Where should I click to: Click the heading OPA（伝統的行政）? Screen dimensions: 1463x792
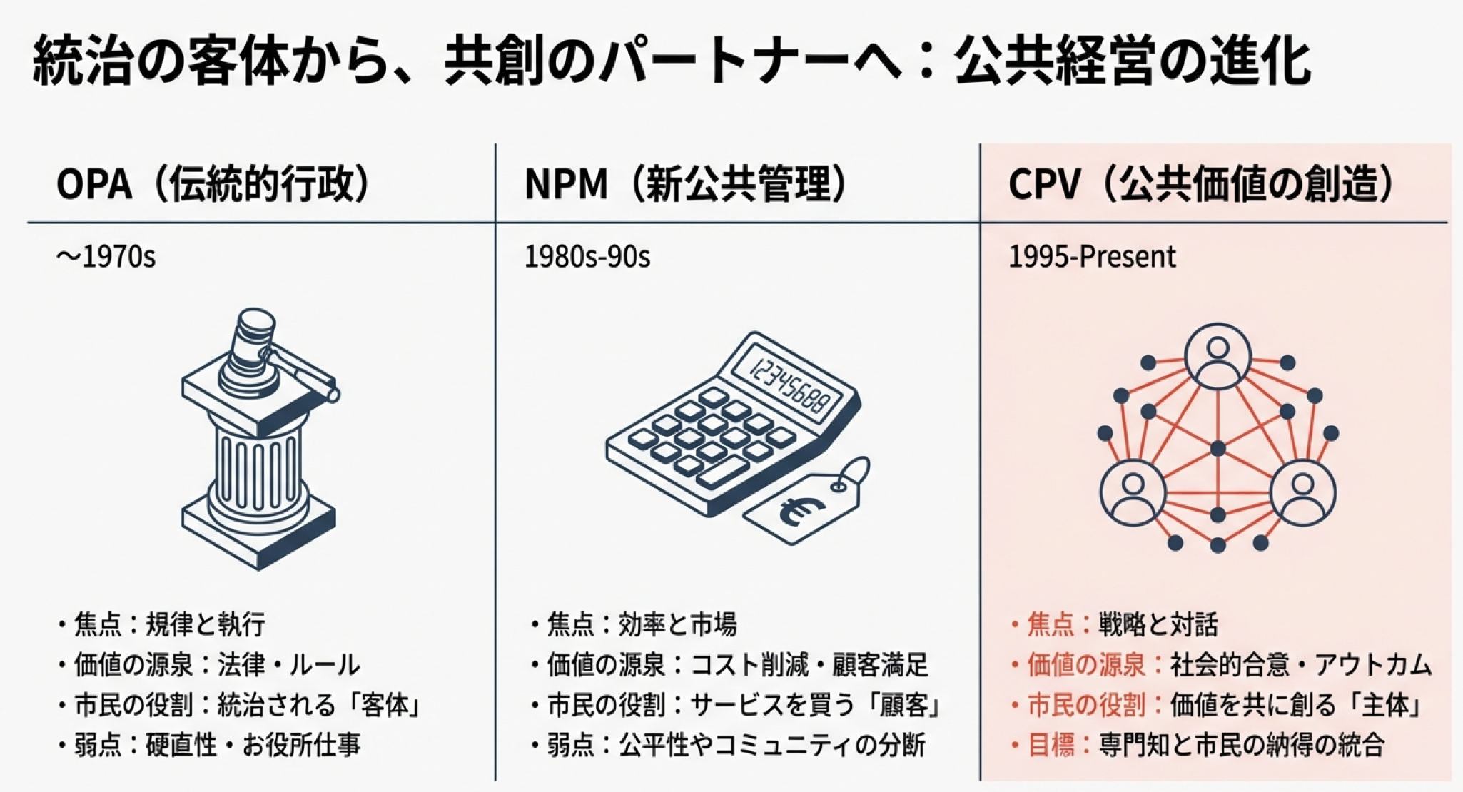[213, 184]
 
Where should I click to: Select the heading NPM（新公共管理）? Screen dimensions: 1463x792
[686, 184]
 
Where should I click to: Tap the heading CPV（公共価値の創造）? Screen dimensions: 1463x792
[1201, 184]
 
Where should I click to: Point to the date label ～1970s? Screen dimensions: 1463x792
[106, 257]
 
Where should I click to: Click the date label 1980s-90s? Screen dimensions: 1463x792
[587, 257]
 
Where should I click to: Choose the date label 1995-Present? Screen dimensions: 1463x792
[1092, 257]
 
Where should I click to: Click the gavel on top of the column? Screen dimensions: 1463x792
[275, 357]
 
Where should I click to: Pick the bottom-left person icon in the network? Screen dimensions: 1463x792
[1133, 492]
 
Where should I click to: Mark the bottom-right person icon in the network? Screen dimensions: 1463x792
[1302, 492]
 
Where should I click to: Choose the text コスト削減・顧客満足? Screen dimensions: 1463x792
[809, 665]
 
